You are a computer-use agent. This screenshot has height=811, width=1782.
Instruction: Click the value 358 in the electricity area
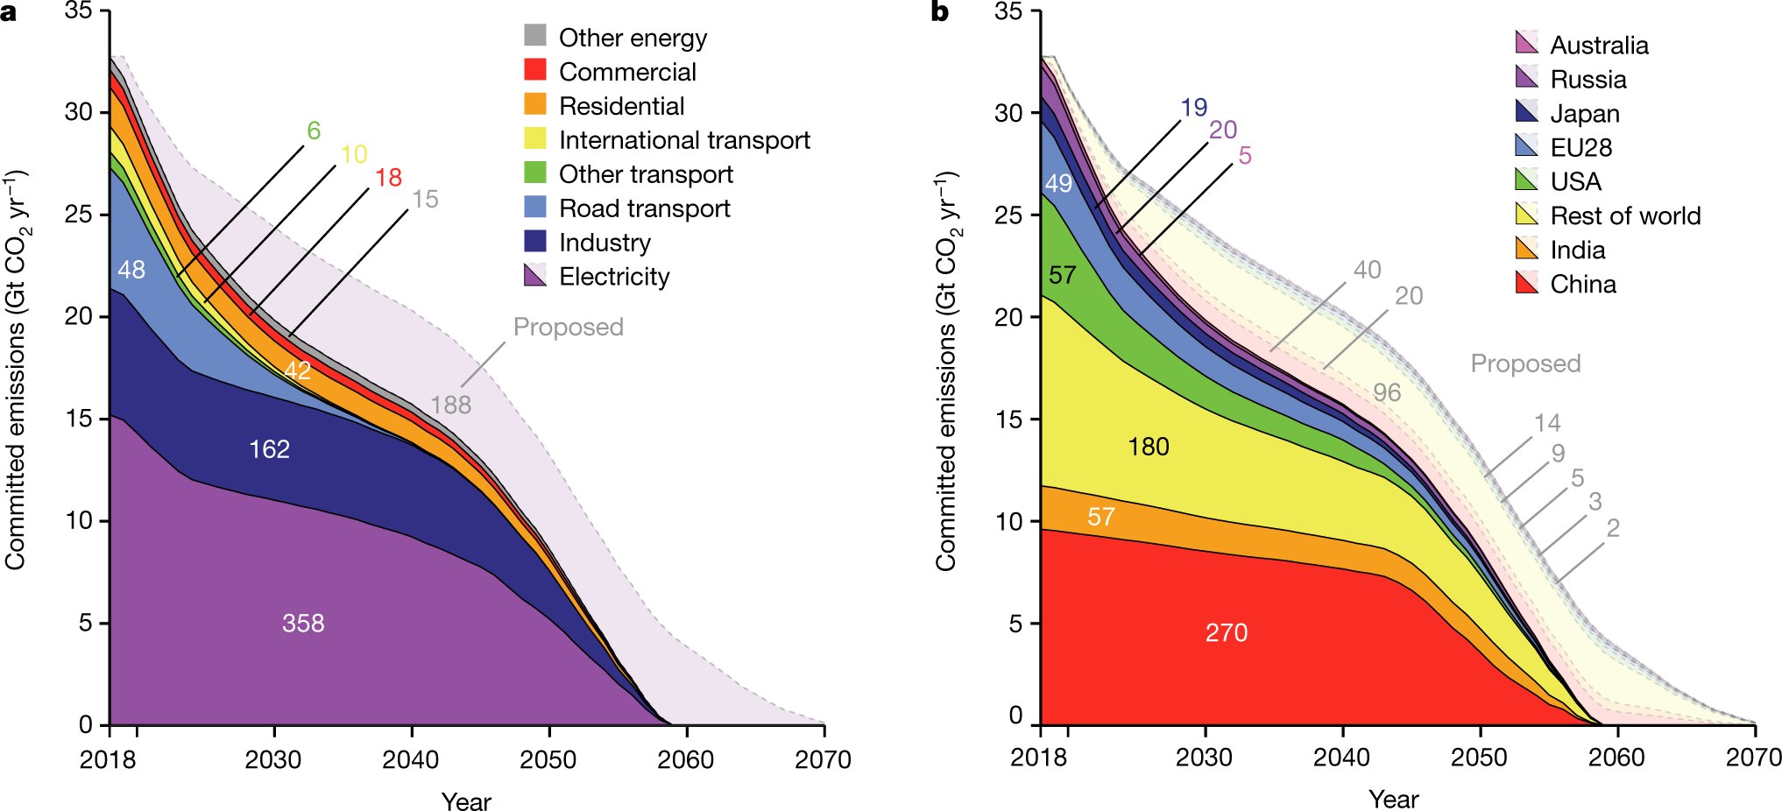(303, 623)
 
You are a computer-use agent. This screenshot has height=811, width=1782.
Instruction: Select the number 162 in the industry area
(269, 449)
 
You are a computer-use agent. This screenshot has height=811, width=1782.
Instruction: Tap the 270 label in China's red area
(1226, 632)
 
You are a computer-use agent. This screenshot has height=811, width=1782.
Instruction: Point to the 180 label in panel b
(1148, 447)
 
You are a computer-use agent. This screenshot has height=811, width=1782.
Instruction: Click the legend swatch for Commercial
(535, 70)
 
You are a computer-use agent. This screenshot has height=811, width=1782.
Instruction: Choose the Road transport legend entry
(644, 208)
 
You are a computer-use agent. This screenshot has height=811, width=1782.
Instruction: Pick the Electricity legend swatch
(535, 275)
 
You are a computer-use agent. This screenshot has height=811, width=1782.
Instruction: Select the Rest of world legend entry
(1624, 215)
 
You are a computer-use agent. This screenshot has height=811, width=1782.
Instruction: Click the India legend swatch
(1526, 249)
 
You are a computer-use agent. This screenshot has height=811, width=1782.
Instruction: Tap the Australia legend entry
(1598, 45)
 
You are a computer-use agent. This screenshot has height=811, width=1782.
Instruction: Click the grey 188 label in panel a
(450, 405)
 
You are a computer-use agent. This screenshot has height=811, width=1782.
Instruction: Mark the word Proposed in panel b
(1525, 363)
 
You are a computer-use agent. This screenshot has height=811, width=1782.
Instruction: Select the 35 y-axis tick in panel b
(1008, 11)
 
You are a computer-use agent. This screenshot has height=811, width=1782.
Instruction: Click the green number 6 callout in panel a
(314, 130)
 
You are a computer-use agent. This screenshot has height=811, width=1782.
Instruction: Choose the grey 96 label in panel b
(1386, 392)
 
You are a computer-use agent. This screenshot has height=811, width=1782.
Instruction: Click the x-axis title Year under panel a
(466, 801)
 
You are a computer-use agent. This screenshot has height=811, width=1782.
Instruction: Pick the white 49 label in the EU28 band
(1058, 183)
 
